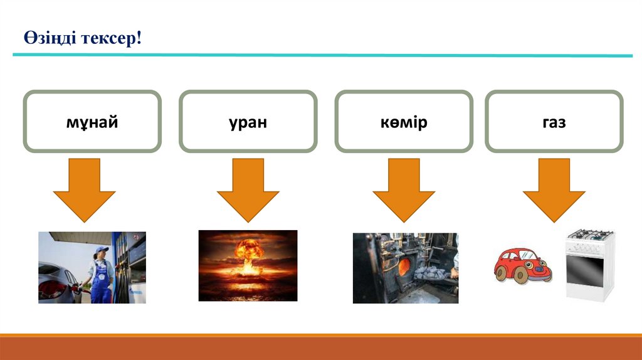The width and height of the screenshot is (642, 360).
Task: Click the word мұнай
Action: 92,122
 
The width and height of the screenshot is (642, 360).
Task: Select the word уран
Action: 248,122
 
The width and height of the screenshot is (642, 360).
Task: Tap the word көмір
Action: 403,122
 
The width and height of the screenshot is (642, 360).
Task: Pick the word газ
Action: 554,122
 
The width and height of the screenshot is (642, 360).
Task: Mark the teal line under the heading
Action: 322,56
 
